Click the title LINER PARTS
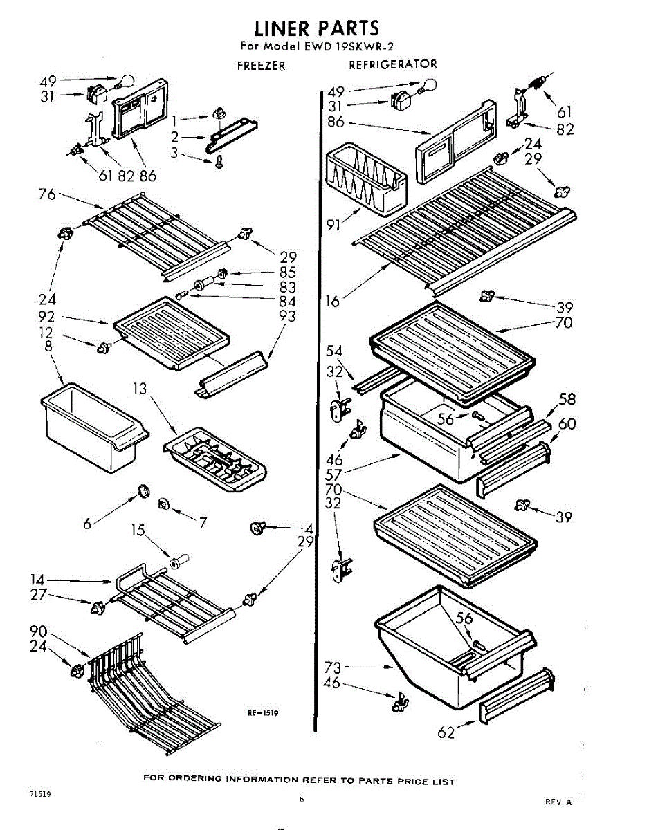[x=316, y=28]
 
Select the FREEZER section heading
[x=261, y=66]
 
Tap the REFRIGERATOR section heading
[x=392, y=64]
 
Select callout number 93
[x=286, y=315]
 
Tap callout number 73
[x=333, y=667]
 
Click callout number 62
[x=447, y=732]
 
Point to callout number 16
[x=333, y=299]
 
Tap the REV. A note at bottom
[x=558, y=802]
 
